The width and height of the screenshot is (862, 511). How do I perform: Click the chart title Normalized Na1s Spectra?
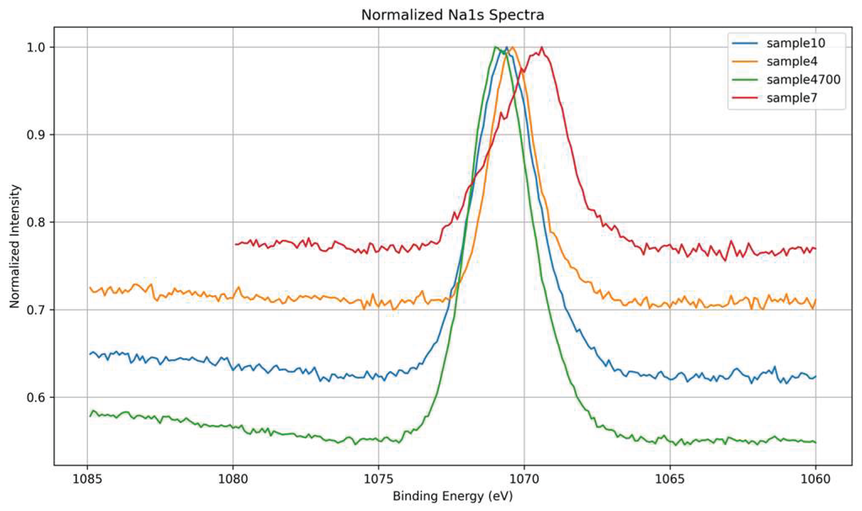[x=452, y=15]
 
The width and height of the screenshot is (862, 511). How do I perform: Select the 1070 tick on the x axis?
[x=524, y=479]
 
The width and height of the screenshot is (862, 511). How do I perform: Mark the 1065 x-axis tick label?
[x=669, y=479]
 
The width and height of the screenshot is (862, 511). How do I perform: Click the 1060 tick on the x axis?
[x=815, y=479]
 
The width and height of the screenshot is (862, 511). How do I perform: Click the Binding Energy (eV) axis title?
[x=452, y=496]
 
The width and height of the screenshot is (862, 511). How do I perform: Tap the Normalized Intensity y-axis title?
[x=15, y=246]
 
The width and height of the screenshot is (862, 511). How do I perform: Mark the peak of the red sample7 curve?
[x=542, y=47]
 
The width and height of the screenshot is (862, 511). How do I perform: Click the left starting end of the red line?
[x=235, y=244]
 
